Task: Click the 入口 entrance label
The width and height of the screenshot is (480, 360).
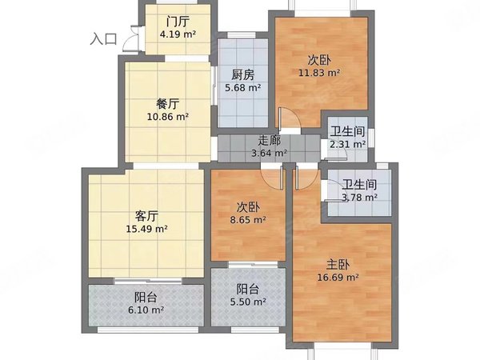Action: tap(104, 38)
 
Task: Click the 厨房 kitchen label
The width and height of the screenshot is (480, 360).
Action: tap(243, 75)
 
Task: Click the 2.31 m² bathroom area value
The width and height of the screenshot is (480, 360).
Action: tap(348, 145)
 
